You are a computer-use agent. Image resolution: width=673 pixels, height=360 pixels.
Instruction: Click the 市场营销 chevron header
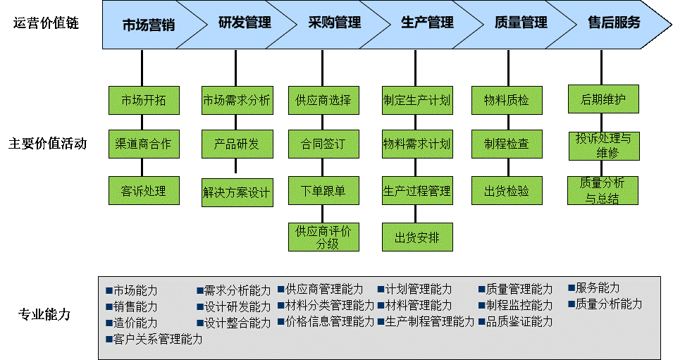click(x=148, y=25)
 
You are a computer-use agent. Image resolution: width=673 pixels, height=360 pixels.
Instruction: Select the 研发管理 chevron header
click(x=245, y=23)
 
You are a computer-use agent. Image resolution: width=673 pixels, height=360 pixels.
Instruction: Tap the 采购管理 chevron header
click(x=334, y=23)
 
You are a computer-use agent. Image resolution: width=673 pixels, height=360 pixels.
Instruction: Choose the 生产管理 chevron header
click(x=428, y=23)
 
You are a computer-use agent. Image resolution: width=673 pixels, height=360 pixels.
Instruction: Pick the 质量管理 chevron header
click(x=521, y=23)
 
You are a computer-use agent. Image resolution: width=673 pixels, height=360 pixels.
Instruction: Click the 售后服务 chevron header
click(x=614, y=23)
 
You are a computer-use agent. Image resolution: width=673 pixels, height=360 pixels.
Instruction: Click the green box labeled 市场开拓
click(x=144, y=100)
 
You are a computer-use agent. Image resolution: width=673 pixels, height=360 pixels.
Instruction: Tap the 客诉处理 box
click(x=144, y=191)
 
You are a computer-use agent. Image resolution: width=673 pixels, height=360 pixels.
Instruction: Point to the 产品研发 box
click(x=236, y=144)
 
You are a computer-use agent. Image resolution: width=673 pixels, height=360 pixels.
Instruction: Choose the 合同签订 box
click(x=323, y=144)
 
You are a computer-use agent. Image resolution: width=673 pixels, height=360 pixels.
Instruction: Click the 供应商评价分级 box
click(x=323, y=237)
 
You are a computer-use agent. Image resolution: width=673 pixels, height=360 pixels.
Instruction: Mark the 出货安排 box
click(x=417, y=237)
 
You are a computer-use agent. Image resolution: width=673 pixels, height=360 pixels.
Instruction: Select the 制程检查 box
click(x=507, y=144)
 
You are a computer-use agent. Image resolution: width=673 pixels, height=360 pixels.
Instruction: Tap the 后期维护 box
click(x=603, y=99)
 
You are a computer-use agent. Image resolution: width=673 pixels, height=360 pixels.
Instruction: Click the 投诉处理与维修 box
click(x=603, y=144)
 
